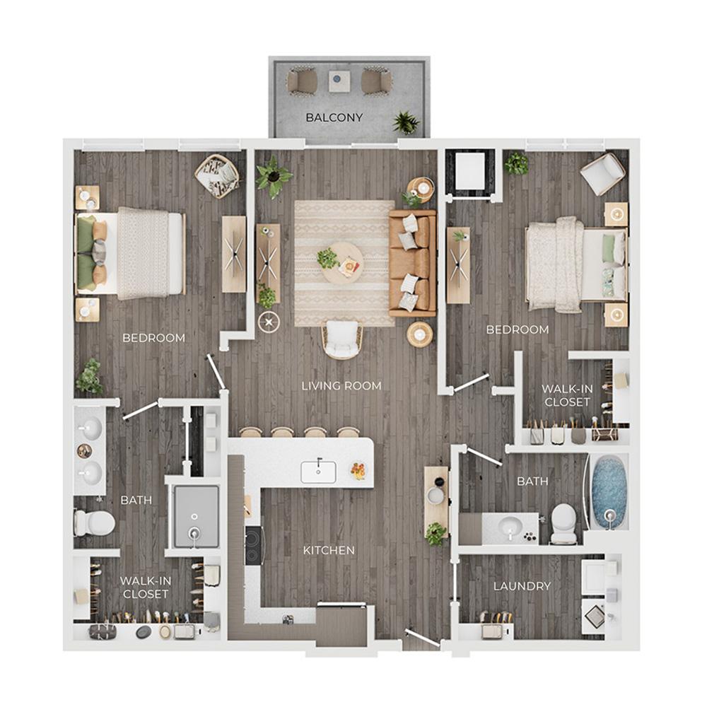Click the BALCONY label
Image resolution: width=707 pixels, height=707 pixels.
pos(334,117)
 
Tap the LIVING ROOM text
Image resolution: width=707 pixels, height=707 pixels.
pos(341,386)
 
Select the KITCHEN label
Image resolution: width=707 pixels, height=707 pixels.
pos(329,550)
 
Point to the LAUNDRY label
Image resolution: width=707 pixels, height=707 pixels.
pos(522,586)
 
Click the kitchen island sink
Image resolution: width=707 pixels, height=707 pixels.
pos(318,472)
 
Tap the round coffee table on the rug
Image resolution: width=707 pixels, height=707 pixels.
pos(342,263)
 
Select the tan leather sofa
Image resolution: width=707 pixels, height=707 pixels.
pos(413,263)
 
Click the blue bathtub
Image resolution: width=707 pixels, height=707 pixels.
pos(609,492)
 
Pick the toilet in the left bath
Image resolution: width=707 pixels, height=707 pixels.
pos(94,522)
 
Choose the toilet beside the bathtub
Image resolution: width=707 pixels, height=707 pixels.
pos(563,522)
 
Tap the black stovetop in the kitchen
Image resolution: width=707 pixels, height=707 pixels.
pos(253,546)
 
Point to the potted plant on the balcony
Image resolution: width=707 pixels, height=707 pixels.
pos(406,122)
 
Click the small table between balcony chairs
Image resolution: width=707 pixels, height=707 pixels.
pos(339,81)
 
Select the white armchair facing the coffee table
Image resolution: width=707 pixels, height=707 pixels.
pos(342,339)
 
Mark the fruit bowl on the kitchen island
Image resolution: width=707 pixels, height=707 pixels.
pos(358,470)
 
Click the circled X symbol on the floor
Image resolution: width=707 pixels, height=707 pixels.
pos(269,322)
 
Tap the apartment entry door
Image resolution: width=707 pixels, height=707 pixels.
pos(423,637)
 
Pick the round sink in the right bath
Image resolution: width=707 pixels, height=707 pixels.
pos(510,526)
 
